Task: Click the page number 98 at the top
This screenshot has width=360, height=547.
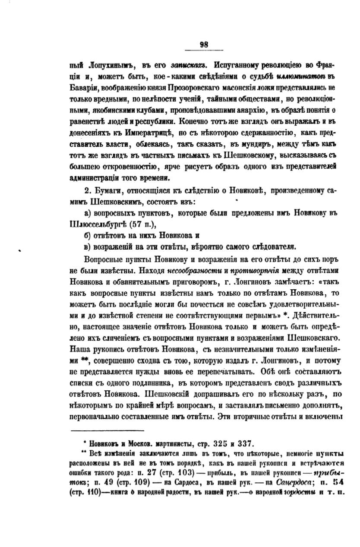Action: [204, 44]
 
